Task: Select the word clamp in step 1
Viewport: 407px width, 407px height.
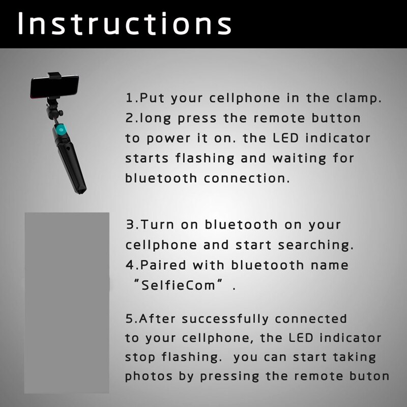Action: (x=357, y=98)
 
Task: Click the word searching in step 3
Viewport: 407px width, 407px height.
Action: (x=315, y=245)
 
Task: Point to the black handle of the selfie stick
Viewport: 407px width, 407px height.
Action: (x=71, y=163)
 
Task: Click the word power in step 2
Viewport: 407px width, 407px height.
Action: (x=169, y=138)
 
